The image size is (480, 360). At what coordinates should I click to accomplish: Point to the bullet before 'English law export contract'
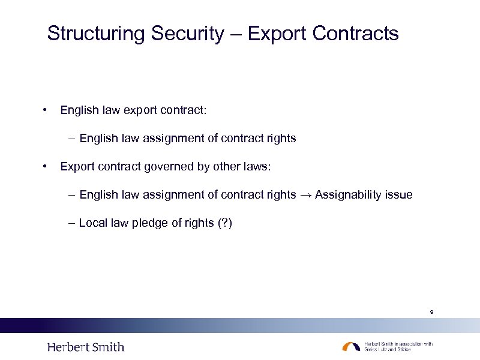(x=44, y=110)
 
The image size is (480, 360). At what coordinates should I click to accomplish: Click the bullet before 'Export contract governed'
(x=44, y=166)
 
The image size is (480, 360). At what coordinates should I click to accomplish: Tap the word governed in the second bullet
(x=168, y=166)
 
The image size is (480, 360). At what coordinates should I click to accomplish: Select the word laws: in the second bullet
(x=257, y=166)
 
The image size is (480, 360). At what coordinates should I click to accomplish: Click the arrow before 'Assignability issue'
(x=305, y=194)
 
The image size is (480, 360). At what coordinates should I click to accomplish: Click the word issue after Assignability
(x=400, y=194)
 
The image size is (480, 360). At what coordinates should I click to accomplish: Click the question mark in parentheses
(x=225, y=223)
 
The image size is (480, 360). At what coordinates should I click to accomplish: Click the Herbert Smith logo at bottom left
(x=86, y=347)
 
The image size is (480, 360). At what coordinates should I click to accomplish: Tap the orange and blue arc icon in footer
(x=351, y=346)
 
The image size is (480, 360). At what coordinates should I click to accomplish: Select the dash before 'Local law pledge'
(x=72, y=223)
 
